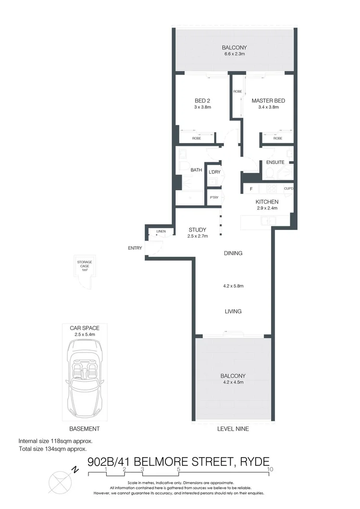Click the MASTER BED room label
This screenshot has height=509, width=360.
(268, 101)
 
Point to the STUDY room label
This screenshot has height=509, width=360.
(197, 230)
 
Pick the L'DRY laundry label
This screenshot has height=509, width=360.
(214, 172)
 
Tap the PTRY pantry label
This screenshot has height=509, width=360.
(213, 197)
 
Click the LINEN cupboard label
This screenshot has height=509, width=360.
(161, 232)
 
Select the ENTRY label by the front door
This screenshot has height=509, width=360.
(135, 248)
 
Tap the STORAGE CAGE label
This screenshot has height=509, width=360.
(85, 266)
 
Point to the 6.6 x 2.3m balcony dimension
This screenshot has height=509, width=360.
(234, 54)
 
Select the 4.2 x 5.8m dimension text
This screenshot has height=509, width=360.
(233, 286)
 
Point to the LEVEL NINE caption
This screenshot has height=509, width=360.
(233, 429)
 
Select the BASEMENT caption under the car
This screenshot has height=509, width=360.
(85, 429)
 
